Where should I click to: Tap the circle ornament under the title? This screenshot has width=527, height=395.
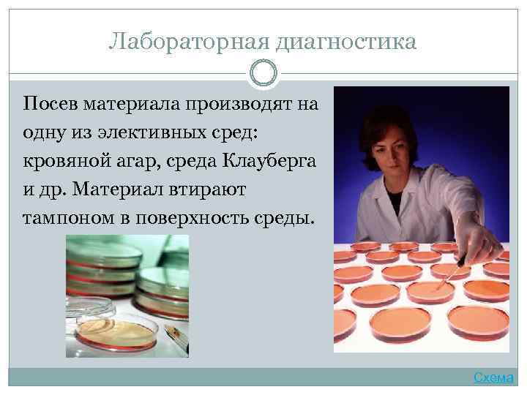click(263, 73)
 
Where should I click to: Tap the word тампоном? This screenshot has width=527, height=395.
click(65, 218)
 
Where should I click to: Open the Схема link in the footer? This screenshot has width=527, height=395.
click(495, 377)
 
